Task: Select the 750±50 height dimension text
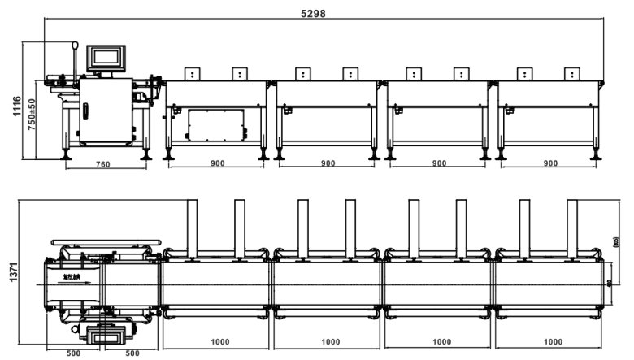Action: pyautogui.click(x=32, y=115)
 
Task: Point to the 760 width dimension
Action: pyautogui.click(x=103, y=163)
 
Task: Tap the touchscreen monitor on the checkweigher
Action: pyautogui.click(x=106, y=56)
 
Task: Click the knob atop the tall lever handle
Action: pyautogui.click(x=75, y=45)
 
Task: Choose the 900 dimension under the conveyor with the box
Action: pyautogui.click(x=217, y=163)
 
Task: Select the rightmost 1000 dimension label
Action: pyautogui.click(x=552, y=342)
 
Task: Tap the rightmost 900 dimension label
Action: pyautogui.click(x=550, y=163)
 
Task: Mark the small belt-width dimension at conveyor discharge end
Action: pyautogui.click(x=609, y=282)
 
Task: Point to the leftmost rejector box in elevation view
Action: pyautogui.click(x=193, y=74)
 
